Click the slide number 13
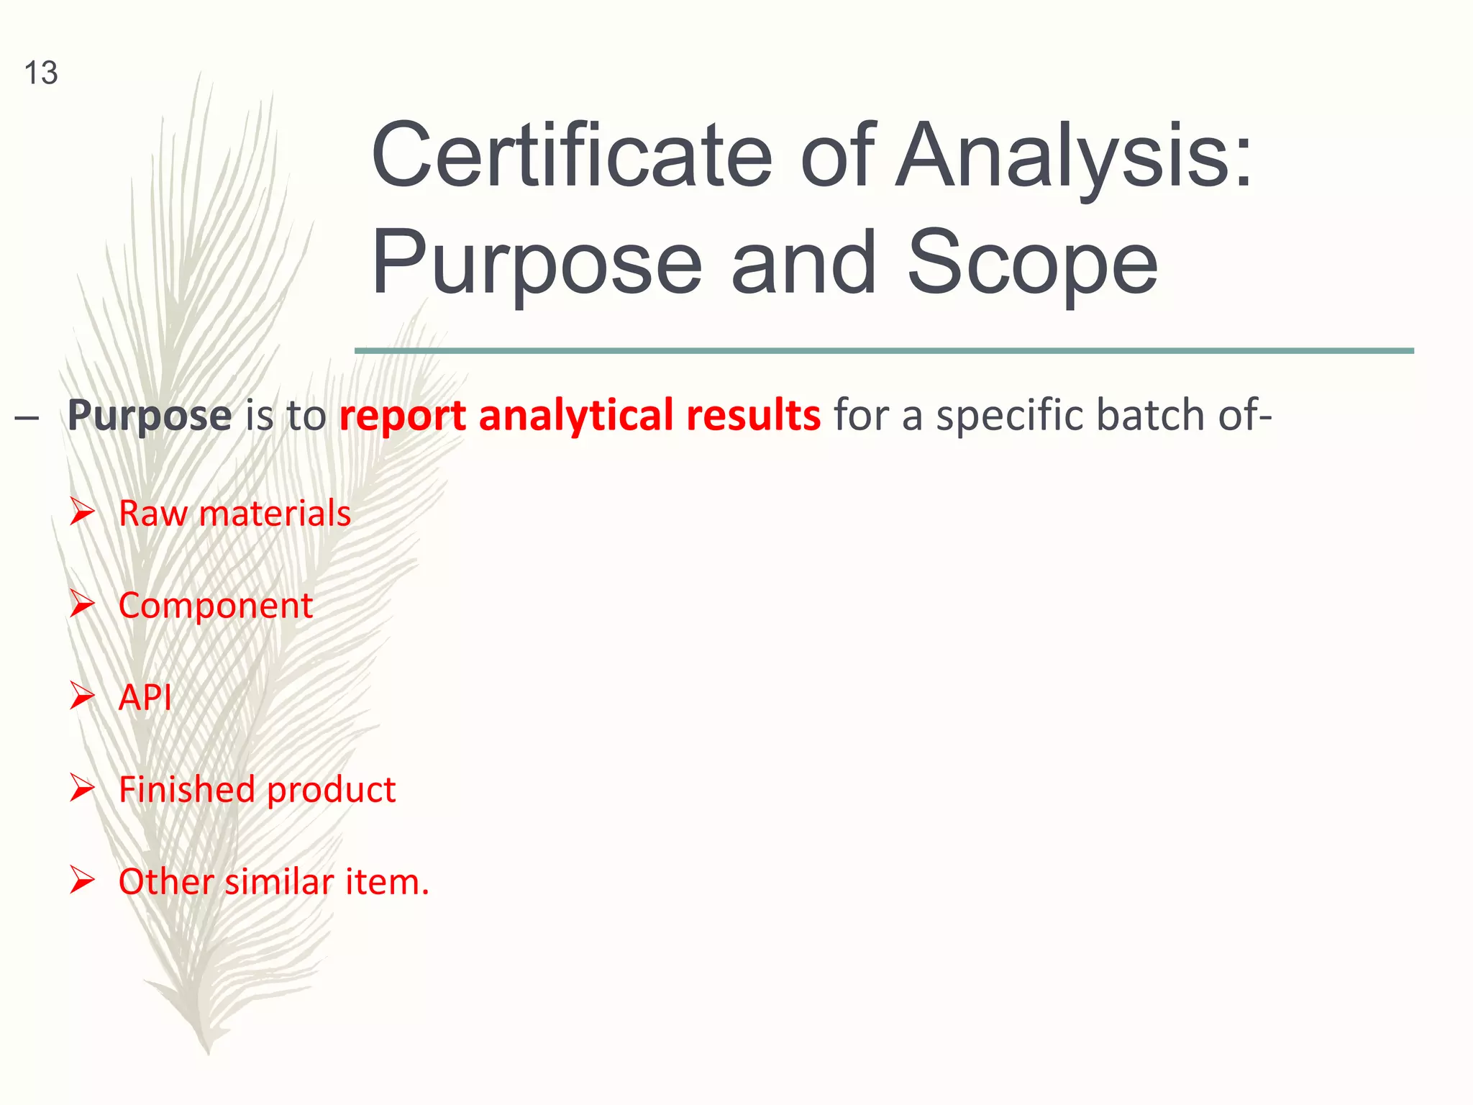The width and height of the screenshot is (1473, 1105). [41, 73]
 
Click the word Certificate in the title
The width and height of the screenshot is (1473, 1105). [572, 155]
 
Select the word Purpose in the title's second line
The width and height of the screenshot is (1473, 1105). [536, 263]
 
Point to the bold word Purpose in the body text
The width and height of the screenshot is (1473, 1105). [150, 416]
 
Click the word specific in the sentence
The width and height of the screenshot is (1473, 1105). [1011, 416]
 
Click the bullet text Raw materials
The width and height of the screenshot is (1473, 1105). [234, 514]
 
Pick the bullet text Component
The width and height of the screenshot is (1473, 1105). [215, 606]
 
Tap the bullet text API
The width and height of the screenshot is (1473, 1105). [145, 697]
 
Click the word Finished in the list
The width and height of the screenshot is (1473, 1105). [186, 789]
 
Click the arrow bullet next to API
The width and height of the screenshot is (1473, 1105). [82, 696]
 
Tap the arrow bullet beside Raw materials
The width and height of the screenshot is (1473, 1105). [82, 512]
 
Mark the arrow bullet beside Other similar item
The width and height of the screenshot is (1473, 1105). [82, 881]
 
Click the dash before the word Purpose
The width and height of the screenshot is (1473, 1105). [27, 418]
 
